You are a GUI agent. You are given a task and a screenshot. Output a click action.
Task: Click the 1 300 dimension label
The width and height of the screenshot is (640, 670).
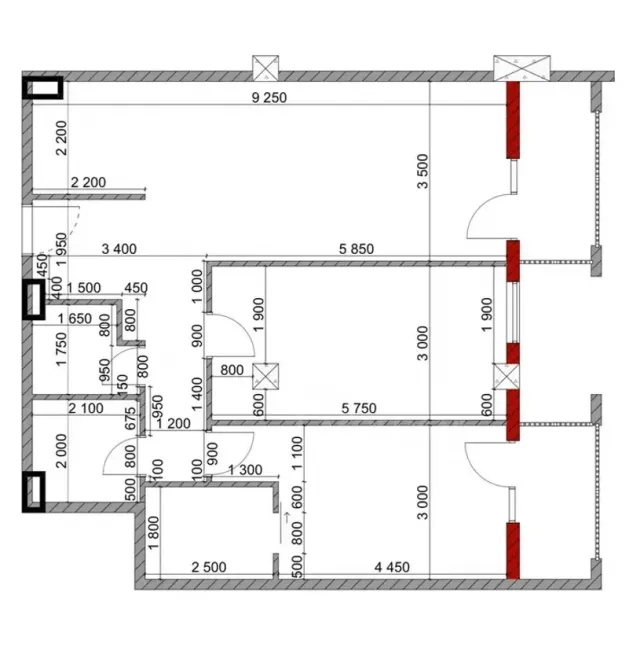pos(246,470)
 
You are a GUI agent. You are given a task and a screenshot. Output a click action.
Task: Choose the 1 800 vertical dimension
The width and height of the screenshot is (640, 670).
pos(153,530)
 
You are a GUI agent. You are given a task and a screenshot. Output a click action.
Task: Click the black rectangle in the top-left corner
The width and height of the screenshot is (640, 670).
pos(43,89)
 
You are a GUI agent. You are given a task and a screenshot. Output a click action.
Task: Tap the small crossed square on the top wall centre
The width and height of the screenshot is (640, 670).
pos(266,67)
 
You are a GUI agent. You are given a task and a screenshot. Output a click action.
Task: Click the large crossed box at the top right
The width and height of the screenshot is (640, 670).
pos(522,66)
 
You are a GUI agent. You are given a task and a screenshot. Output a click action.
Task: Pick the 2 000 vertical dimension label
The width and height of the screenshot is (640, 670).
pos(61,458)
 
